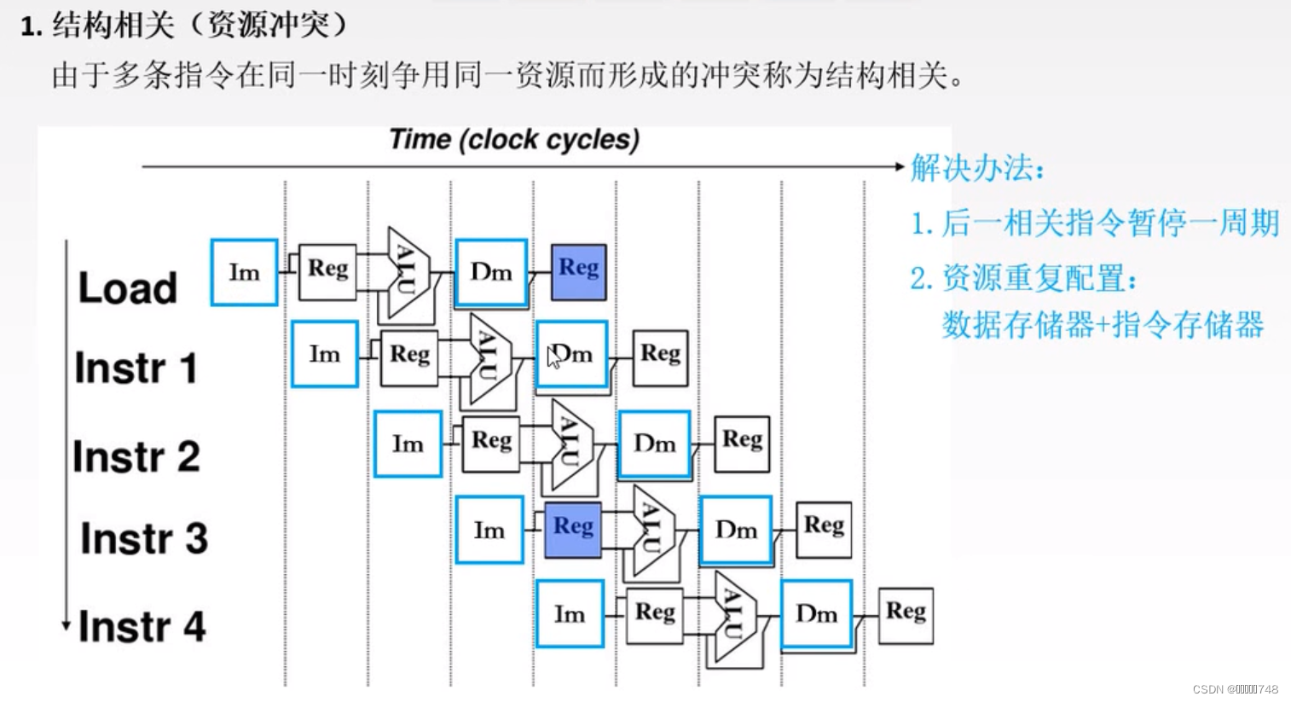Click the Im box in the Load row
(x=244, y=273)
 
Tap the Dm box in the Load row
(x=491, y=273)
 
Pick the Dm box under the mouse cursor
(x=571, y=355)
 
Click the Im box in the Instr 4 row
(x=570, y=614)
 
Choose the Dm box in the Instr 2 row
(x=654, y=444)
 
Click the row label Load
(x=128, y=288)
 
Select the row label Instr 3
(x=144, y=539)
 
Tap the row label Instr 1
(x=136, y=368)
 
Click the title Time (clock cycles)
(x=514, y=140)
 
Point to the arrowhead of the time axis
(x=899, y=166)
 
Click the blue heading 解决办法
(x=977, y=168)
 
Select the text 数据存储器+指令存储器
(x=1102, y=325)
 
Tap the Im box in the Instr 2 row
(x=408, y=444)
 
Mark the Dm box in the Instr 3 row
(x=735, y=531)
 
